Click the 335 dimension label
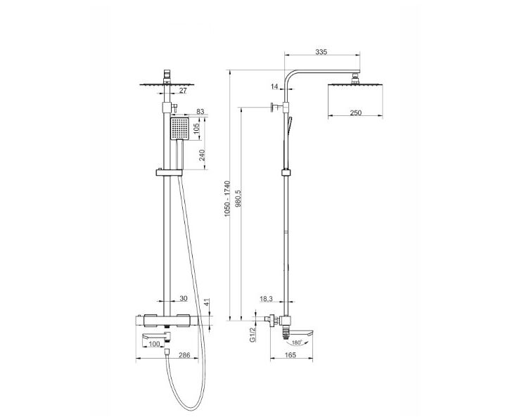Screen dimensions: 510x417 click(x=321, y=52)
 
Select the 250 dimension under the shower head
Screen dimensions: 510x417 click(x=355, y=113)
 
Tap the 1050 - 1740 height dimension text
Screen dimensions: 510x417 click(x=227, y=198)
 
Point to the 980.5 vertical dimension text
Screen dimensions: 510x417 click(x=238, y=198)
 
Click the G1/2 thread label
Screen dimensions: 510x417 click(x=253, y=335)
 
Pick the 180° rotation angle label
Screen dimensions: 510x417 click(x=297, y=342)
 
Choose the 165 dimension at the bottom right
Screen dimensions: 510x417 click(x=290, y=355)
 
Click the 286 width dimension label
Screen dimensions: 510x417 click(x=184, y=355)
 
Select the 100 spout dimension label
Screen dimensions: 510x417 click(x=154, y=344)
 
